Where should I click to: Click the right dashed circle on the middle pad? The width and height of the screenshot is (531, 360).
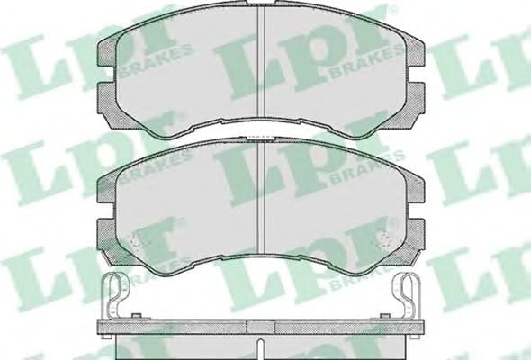(384, 241)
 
